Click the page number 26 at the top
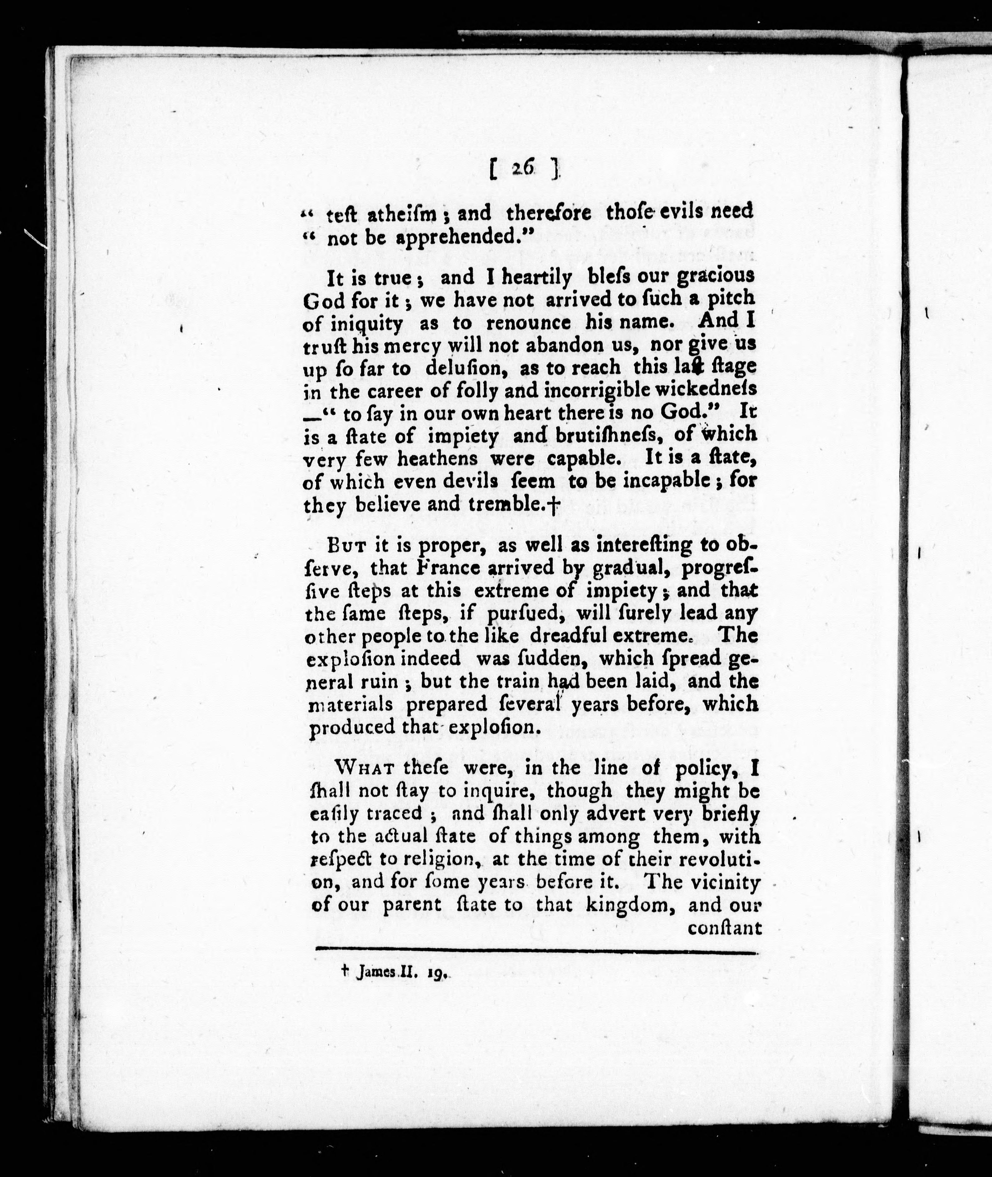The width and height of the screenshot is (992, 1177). tap(523, 168)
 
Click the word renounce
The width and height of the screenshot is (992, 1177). tap(528, 323)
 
